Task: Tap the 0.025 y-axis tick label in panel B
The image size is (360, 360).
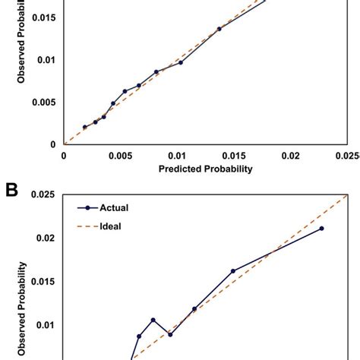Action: click(42, 195)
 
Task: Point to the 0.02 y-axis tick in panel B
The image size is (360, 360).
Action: click(46, 238)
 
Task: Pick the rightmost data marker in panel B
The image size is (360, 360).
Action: click(321, 228)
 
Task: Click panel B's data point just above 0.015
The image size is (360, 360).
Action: click(233, 271)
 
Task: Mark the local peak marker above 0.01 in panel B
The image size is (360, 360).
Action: click(153, 320)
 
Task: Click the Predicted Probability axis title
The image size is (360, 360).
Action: click(205, 169)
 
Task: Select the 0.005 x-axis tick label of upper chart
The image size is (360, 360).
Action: click(120, 155)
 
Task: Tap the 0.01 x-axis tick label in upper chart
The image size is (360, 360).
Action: click(177, 155)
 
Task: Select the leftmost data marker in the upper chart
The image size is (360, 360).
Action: click(85, 127)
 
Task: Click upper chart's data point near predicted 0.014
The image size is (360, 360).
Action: click(219, 29)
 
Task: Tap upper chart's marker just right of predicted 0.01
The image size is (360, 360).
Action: click(181, 62)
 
